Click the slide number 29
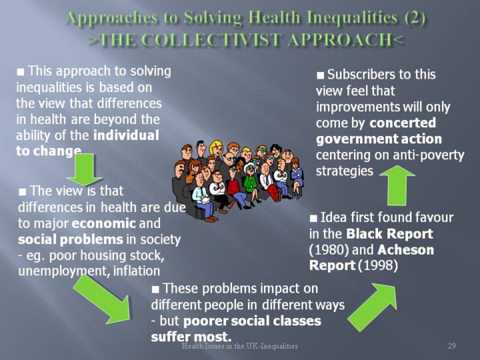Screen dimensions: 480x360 click(452, 346)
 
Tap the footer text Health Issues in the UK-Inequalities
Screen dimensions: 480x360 click(240, 346)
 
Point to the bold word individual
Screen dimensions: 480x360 click(126, 135)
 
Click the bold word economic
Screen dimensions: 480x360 click(103, 223)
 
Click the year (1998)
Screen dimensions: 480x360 click(378, 265)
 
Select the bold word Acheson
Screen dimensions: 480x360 click(405, 250)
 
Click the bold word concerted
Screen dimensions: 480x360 click(403, 123)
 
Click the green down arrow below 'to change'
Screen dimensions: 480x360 click(84, 169)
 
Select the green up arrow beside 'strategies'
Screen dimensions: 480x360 click(397, 185)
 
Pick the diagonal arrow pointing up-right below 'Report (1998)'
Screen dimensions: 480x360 click(373, 307)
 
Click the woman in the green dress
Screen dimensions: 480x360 click(251, 184)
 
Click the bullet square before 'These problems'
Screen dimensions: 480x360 click(155, 289)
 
